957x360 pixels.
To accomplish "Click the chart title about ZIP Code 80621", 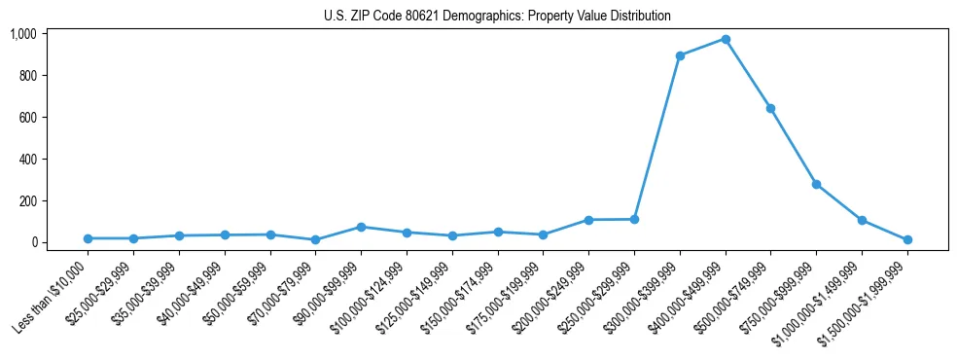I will pos(497,17).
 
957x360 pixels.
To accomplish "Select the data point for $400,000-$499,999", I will pos(726,40).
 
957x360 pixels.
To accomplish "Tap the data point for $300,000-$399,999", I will pos(680,55).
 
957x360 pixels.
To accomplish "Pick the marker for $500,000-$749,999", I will pos(770,108).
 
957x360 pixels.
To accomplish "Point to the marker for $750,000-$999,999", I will pos(816,184).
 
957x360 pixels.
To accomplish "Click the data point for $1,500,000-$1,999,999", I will pos(907,239).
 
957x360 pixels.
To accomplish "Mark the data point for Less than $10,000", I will pos(88,238).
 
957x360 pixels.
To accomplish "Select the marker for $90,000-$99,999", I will pos(361,227).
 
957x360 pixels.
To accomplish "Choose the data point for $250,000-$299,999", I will pos(634,219).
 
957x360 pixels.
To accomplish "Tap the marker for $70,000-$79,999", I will pos(315,239).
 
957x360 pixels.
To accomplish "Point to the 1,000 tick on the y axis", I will pos(23,34).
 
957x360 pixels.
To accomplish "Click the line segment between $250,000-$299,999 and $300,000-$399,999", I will pos(657,137).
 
